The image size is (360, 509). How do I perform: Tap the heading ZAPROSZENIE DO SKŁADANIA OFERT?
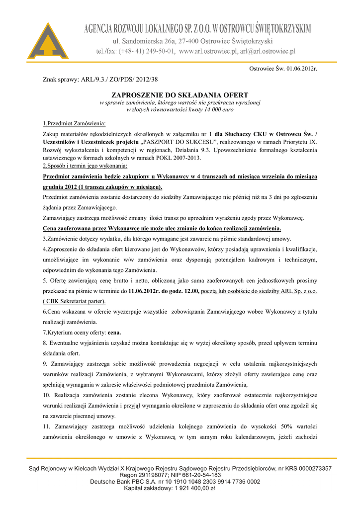(x=180, y=94)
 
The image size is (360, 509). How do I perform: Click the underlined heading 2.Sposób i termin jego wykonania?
(x=86, y=165)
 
